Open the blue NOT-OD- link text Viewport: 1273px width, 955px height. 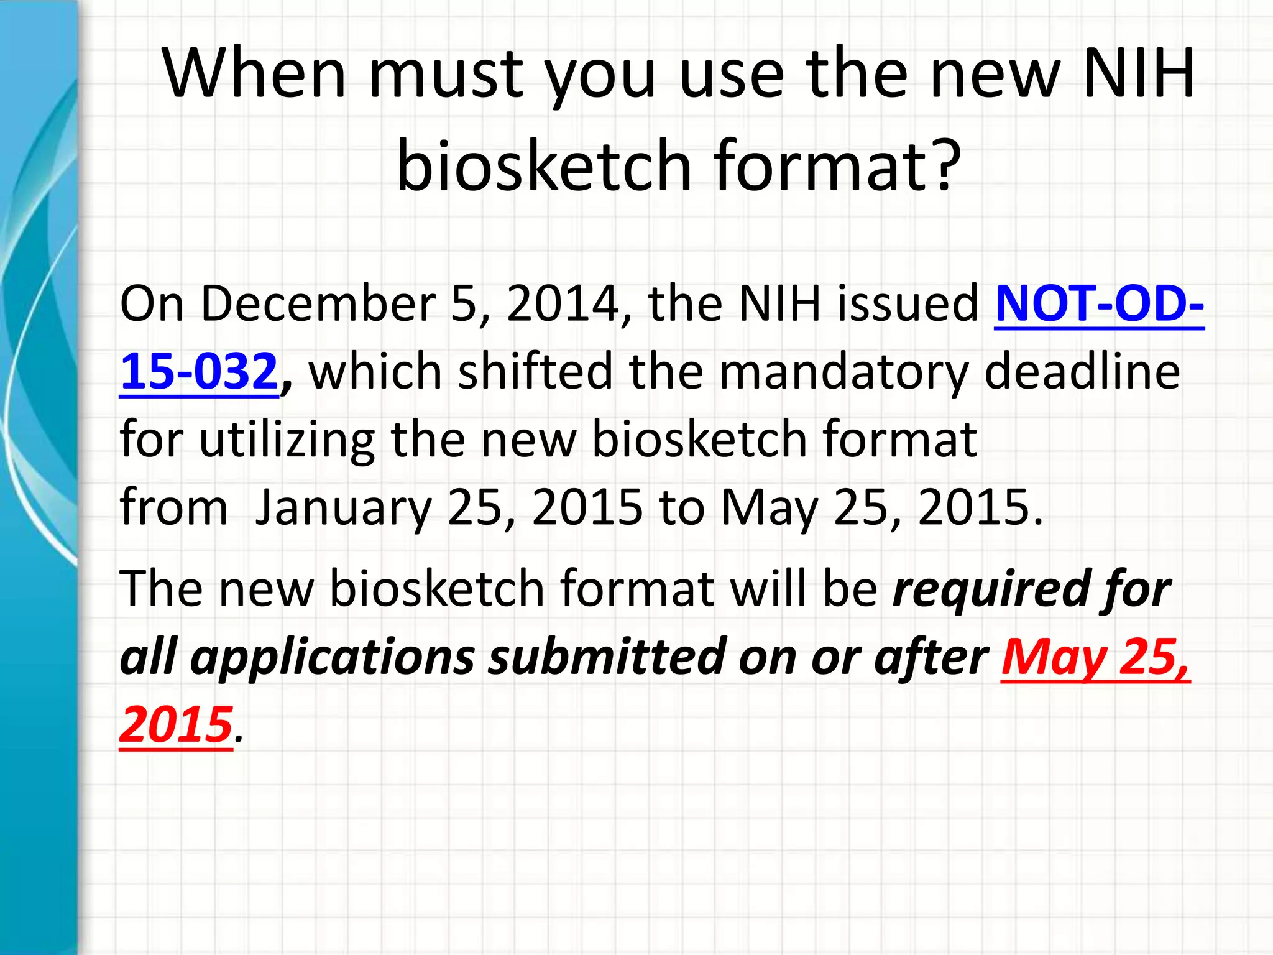tap(1099, 303)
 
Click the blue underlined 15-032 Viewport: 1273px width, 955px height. tap(198, 371)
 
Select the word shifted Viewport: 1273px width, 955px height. tap(535, 371)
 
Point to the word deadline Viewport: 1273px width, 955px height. tap(1082, 371)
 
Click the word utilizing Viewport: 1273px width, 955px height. tap(287, 440)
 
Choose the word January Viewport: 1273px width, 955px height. tap(343, 507)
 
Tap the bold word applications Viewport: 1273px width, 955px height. tap(333, 658)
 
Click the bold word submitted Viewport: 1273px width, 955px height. tap(606, 657)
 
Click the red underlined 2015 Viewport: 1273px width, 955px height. tap(176, 725)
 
